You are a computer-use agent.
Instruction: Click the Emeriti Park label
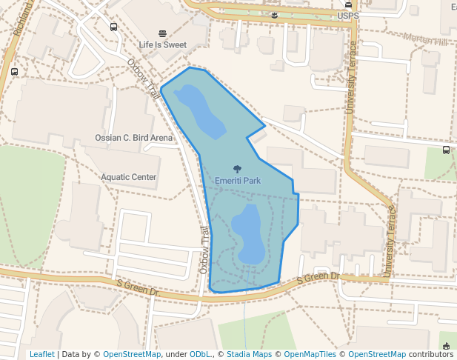[x=237, y=181]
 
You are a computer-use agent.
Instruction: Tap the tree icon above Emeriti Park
[x=237, y=170]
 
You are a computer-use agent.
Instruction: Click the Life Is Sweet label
[x=163, y=44]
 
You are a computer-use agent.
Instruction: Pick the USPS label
[x=347, y=15]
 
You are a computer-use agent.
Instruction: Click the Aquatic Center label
[x=129, y=177]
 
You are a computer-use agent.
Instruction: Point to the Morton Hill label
[x=427, y=39]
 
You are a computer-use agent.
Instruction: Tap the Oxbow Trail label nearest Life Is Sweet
[x=145, y=79]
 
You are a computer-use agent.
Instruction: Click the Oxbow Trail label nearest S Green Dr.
[x=204, y=250]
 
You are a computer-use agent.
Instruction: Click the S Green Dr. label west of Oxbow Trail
[x=139, y=287]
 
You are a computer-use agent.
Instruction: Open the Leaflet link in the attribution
[x=42, y=354]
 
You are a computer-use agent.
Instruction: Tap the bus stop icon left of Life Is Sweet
[x=113, y=27]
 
